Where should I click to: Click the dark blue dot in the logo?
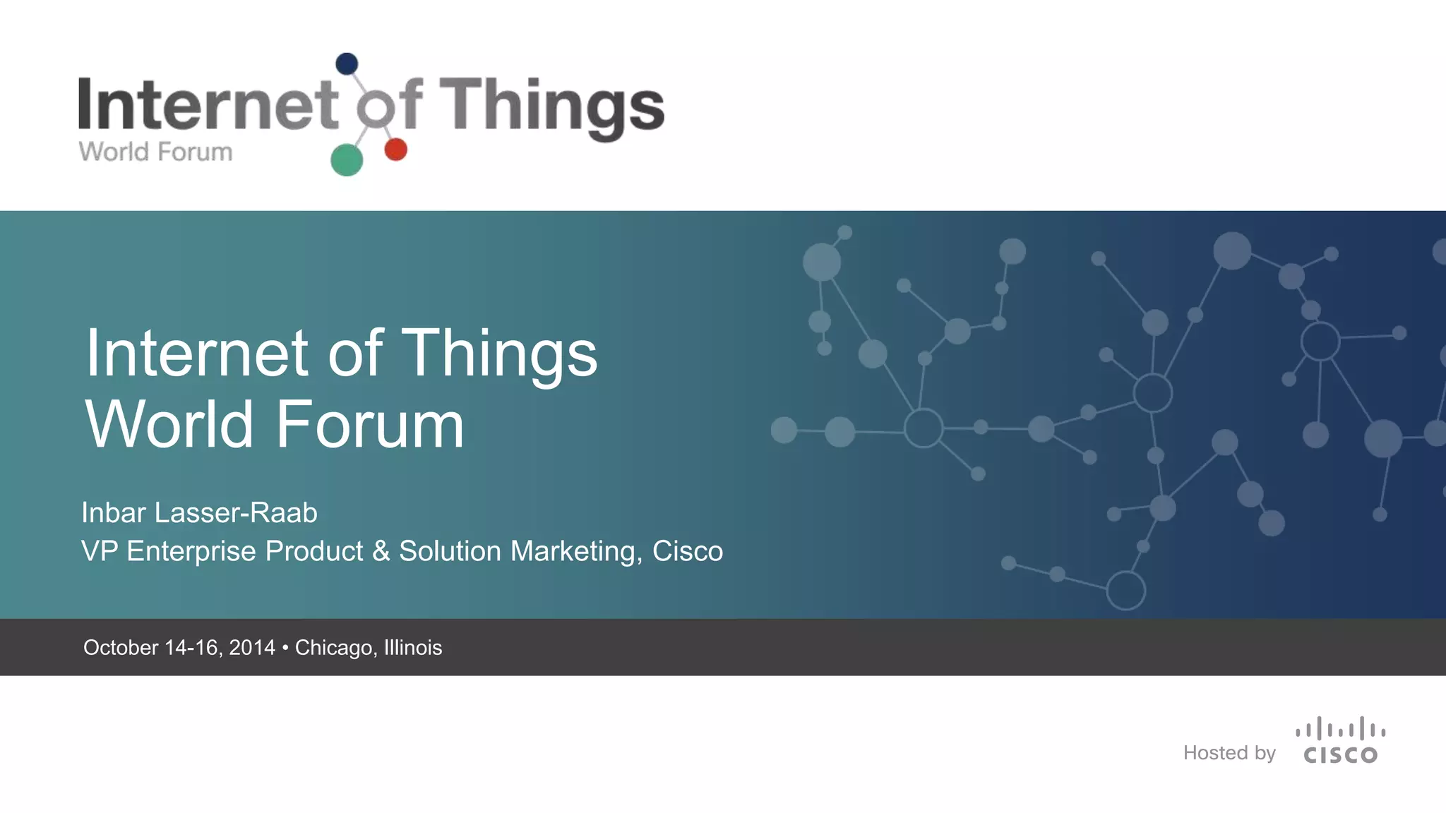pyautogui.click(x=347, y=64)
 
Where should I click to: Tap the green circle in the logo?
pyautogui.click(x=347, y=159)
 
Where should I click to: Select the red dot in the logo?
pyautogui.click(x=395, y=150)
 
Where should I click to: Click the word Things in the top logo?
pyautogui.click(x=551, y=106)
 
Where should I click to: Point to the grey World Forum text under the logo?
pyautogui.click(x=155, y=152)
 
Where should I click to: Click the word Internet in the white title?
pyautogui.click(x=197, y=353)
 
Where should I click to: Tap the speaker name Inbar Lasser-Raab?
pyautogui.click(x=199, y=513)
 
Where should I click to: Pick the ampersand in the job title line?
pyautogui.click(x=381, y=551)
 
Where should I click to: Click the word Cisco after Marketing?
pyautogui.click(x=688, y=551)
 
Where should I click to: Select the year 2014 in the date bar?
pyautogui.click(x=251, y=648)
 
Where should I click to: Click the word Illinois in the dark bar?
pyautogui.click(x=412, y=648)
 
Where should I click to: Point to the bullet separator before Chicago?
pyautogui.click(x=285, y=648)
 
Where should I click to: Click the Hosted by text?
pyautogui.click(x=1229, y=753)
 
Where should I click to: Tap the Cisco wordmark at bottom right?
pyautogui.click(x=1340, y=756)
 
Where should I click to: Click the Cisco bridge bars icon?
pyautogui.click(x=1340, y=729)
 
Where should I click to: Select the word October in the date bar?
pyautogui.click(x=121, y=648)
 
